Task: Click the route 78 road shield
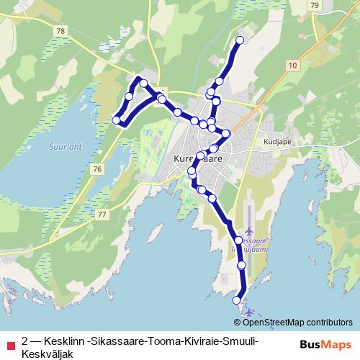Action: point(60,31)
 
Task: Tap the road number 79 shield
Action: point(315,5)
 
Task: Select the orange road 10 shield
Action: point(292,66)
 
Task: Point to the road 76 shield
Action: point(97,168)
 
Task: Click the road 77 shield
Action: point(102,215)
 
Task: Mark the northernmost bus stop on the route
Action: point(240,40)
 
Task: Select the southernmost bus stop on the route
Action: point(236,300)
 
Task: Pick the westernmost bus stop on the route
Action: point(117,120)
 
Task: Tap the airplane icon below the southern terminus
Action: point(249,312)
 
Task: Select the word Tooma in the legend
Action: point(157,340)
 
